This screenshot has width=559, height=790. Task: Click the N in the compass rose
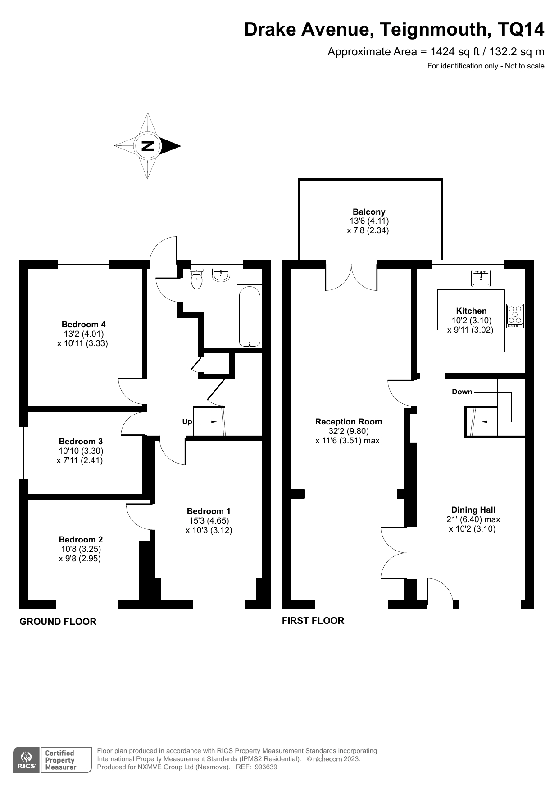tap(148, 146)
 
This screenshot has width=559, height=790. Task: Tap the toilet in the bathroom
tap(197, 280)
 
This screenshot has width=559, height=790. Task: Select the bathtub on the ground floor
tap(250, 317)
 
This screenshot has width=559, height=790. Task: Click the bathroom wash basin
tap(221, 275)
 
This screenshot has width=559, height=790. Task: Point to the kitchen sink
tap(481, 278)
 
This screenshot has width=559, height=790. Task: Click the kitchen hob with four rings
tap(515, 316)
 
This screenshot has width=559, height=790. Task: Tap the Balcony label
tap(369, 212)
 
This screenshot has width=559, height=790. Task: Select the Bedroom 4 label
tap(83, 324)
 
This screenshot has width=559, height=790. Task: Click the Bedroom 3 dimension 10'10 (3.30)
tap(81, 451)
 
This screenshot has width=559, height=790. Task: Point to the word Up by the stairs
tap(187, 422)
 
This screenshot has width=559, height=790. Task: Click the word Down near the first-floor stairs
tap(462, 392)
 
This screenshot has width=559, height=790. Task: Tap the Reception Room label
tap(348, 422)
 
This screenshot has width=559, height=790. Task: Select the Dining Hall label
tap(473, 510)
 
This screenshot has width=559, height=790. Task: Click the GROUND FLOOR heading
tap(58, 622)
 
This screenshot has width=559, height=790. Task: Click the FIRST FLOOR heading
tap(313, 621)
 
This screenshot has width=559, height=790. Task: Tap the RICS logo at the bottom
tap(27, 760)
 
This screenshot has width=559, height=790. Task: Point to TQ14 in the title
tap(521, 29)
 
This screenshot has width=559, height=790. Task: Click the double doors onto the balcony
tap(351, 278)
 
